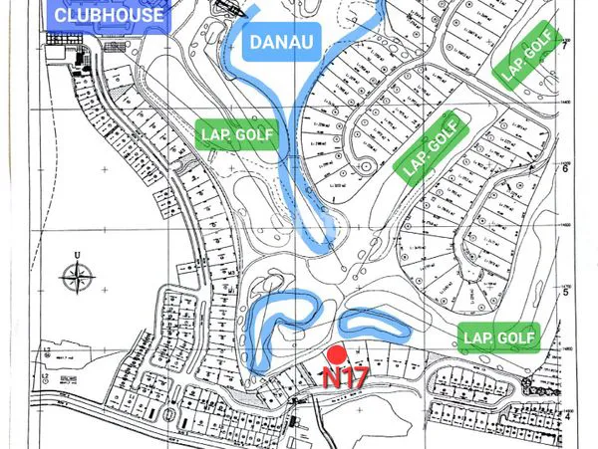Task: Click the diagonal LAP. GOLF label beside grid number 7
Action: coord(528,56)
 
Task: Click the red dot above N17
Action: coord(337,354)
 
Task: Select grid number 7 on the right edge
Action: coord(564,46)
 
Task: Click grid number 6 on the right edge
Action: coord(564,168)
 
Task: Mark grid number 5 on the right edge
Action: coord(564,292)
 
